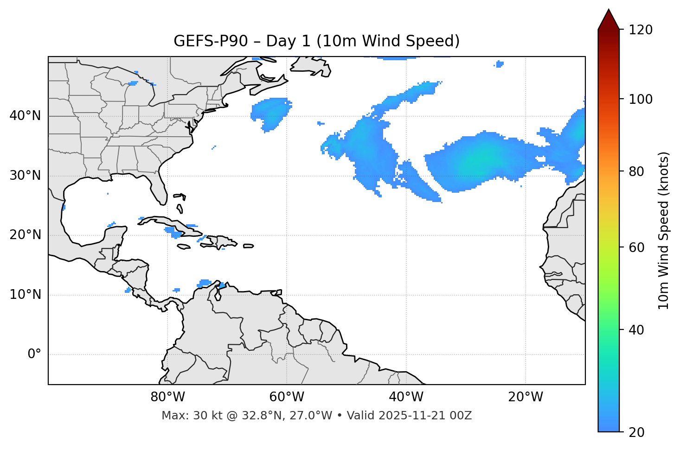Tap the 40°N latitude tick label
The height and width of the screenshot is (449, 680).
click(25, 116)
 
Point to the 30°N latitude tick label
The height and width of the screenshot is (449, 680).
click(25, 176)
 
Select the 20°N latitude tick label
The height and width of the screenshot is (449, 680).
click(25, 235)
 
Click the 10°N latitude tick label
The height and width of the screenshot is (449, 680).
click(25, 295)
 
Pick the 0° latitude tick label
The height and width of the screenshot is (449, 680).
click(34, 354)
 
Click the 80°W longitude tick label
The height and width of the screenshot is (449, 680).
click(167, 397)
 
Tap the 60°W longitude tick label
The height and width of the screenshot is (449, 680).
click(287, 397)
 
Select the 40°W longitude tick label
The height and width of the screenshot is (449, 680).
click(406, 397)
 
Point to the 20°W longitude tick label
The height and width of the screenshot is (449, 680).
click(526, 397)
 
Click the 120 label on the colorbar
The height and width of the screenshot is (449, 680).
click(641, 30)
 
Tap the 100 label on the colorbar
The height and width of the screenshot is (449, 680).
click(641, 99)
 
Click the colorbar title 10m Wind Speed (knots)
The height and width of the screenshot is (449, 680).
click(664, 230)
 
